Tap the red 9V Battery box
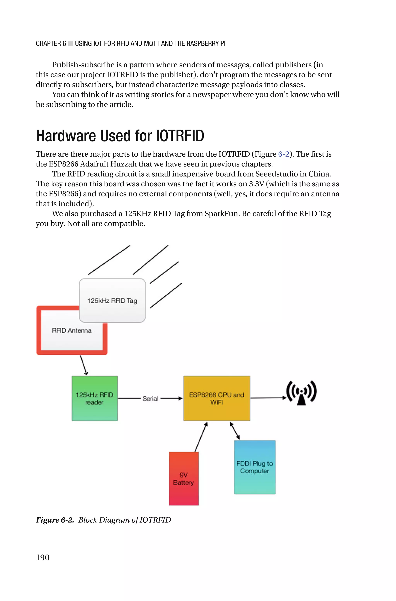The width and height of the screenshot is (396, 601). point(184,478)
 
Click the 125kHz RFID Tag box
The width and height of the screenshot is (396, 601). point(112,300)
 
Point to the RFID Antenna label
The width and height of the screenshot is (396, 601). point(72,330)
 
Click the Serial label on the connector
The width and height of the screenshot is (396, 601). point(150,399)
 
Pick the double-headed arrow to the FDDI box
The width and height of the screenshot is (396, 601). point(235,431)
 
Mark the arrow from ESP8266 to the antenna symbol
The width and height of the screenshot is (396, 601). point(268,398)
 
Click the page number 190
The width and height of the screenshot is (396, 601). point(43,557)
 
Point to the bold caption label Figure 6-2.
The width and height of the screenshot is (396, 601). point(55,520)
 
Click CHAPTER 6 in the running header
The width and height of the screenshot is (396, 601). point(51,44)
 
